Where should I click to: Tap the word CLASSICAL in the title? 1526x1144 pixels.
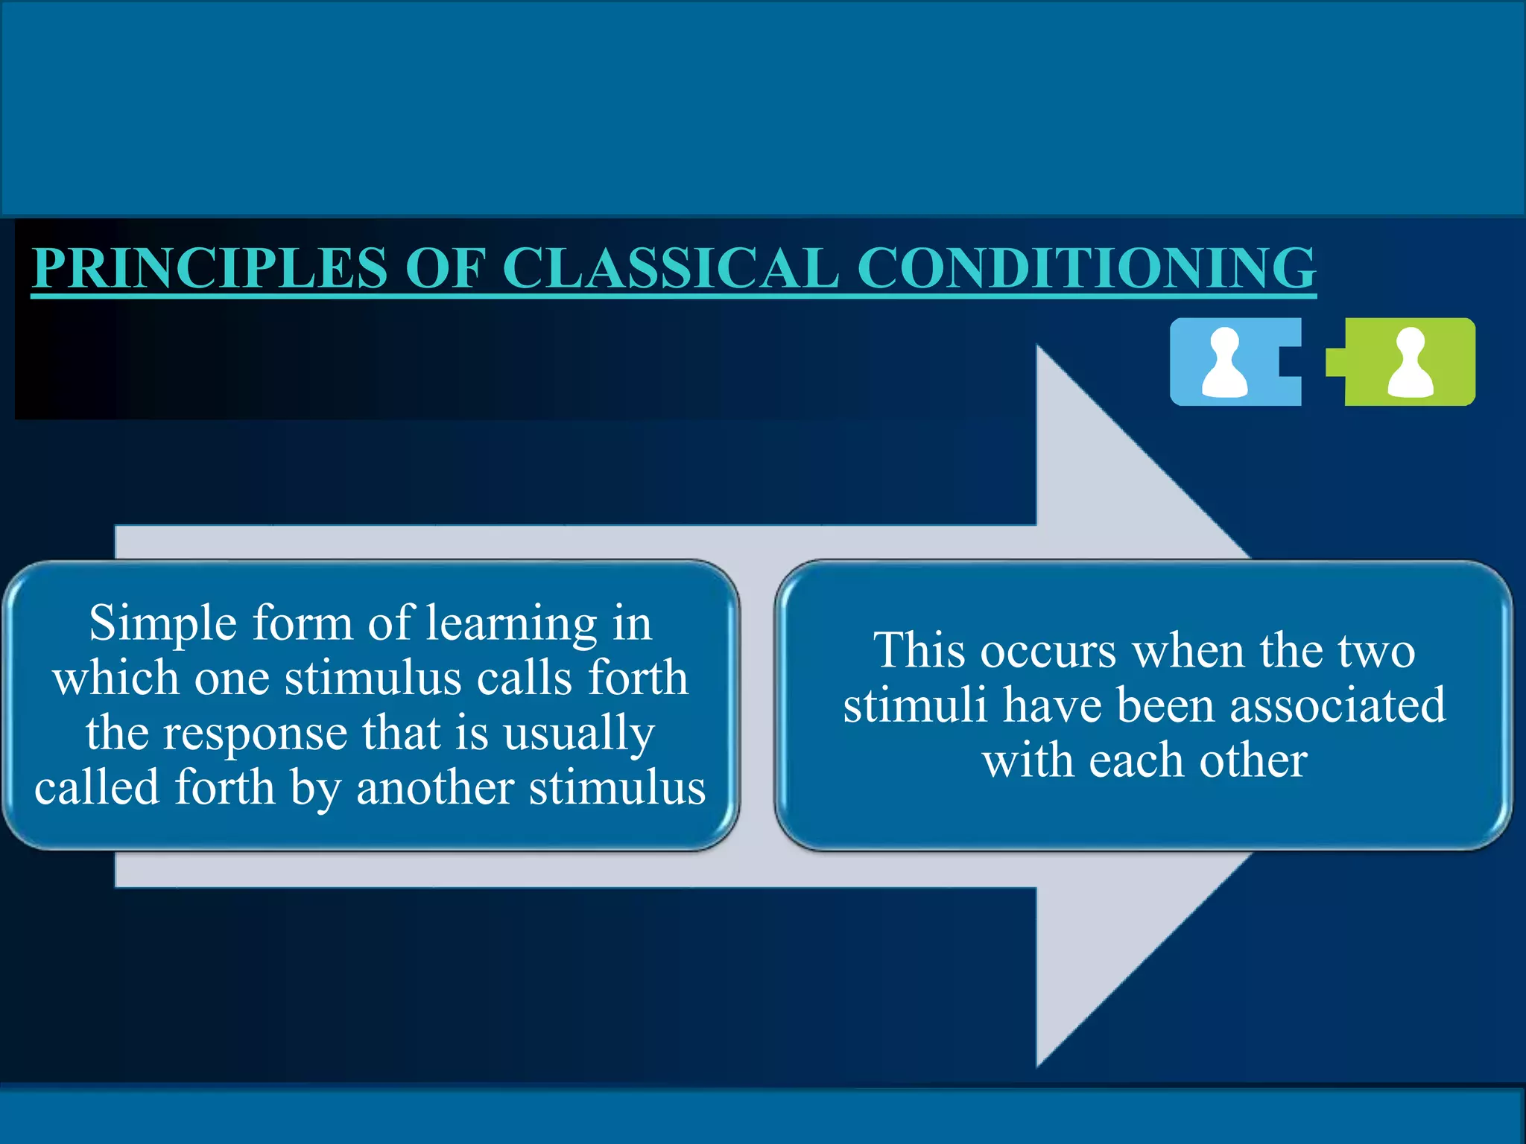(671, 267)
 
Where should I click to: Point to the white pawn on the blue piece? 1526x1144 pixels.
(1224, 363)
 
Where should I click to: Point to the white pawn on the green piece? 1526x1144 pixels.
(1410, 363)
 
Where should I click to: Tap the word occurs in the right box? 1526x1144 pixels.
(1048, 650)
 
